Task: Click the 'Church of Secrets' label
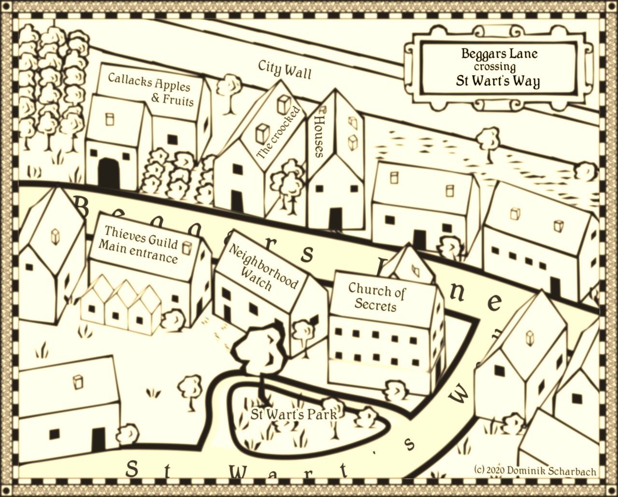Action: tap(376, 297)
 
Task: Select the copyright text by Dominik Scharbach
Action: tap(535, 470)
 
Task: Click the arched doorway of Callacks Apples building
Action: tap(109, 173)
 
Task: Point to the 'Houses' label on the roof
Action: tap(320, 136)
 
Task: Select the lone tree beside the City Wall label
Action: tap(229, 90)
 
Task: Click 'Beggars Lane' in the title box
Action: tap(499, 53)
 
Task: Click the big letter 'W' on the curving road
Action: tap(458, 395)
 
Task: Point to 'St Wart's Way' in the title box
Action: tap(498, 81)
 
